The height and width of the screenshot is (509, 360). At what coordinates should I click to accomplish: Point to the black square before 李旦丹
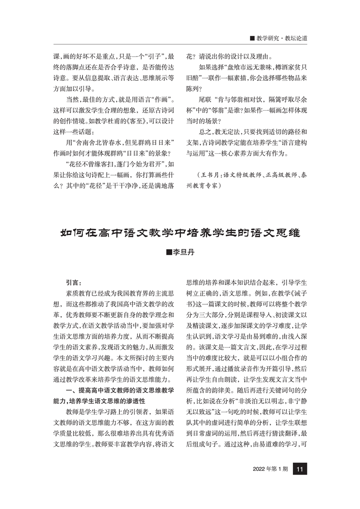169,252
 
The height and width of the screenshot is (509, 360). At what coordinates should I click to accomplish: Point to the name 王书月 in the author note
212,174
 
